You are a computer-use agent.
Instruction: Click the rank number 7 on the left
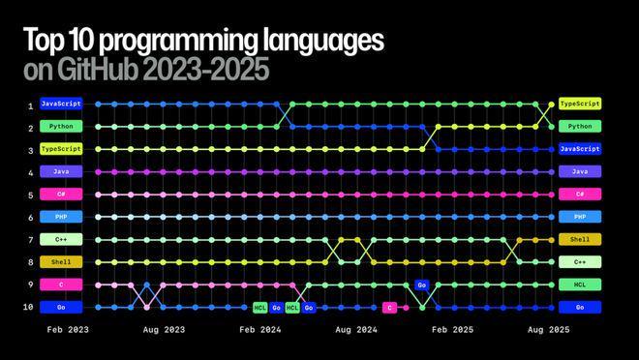click(x=30, y=239)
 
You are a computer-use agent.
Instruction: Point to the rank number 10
click(x=30, y=307)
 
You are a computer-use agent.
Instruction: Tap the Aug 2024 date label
click(x=357, y=330)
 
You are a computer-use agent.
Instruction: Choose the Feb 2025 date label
click(x=453, y=330)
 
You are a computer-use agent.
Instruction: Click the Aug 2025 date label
click(x=549, y=330)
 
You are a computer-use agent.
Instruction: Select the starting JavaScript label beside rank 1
click(x=61, y=104)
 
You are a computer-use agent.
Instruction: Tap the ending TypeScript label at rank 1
click(x=580, y=104)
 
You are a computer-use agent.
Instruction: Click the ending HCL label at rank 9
click(x=580, y=285)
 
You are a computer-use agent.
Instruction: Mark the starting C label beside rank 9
click(x=61, y=285)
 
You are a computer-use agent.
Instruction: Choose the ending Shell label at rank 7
click(x=580, y=239)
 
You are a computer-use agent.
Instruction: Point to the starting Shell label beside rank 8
click(x=61, y=262)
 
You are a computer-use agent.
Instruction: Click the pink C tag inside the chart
click(x=389, y=307)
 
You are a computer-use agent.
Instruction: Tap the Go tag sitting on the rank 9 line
click(x=421, y=285)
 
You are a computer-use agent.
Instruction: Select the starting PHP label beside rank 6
click(x=61, y=217)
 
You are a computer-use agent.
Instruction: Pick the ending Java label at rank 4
click(x=580, y=171)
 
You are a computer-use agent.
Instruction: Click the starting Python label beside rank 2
click(x=61, y=126)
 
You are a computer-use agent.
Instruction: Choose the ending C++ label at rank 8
click(x=580, y=262)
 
